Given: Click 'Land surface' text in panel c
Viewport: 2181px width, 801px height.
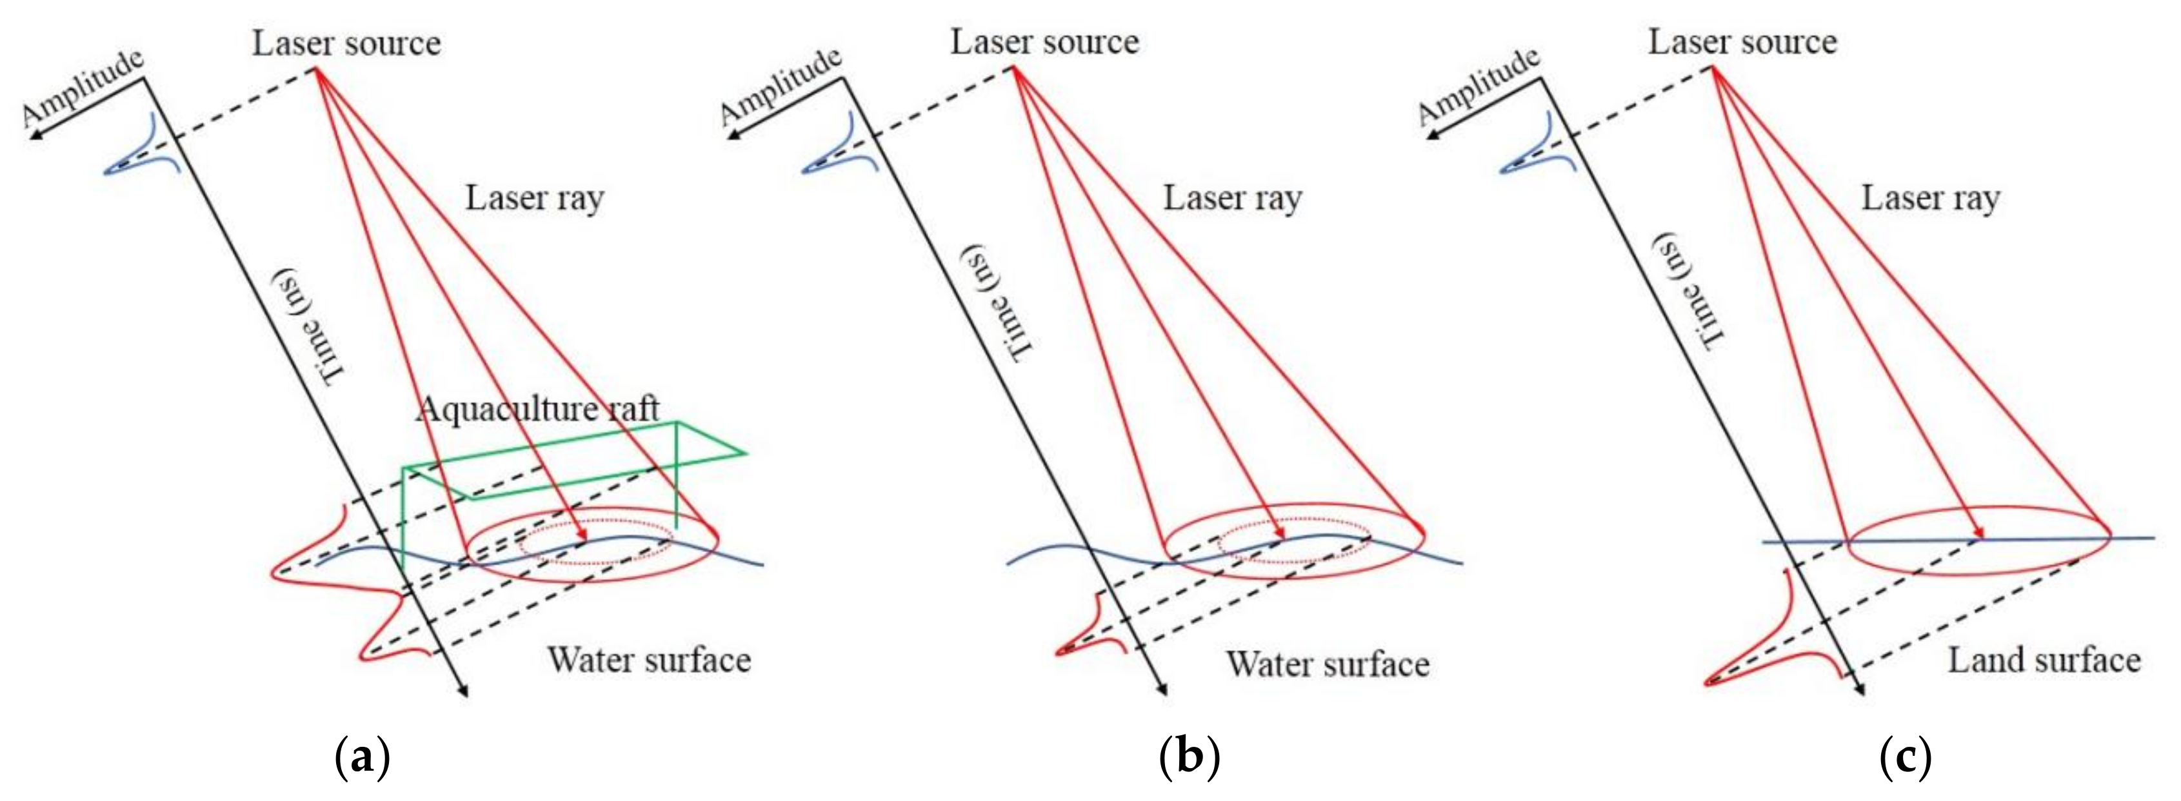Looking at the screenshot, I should [2044, 660].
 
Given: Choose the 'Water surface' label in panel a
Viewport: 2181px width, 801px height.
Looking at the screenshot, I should [648, 660].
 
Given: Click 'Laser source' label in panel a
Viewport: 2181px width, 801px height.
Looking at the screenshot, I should [346, 43].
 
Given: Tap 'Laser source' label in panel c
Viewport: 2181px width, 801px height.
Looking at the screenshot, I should [1742, 41].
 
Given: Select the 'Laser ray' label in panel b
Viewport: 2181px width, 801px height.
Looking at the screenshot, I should [1232, 198].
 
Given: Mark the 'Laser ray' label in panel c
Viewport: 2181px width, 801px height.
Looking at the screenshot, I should [1930, 198].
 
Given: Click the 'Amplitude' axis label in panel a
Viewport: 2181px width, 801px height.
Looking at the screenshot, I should [83, 86].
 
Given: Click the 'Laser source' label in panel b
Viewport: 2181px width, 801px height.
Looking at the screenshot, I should [1044, 41].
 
